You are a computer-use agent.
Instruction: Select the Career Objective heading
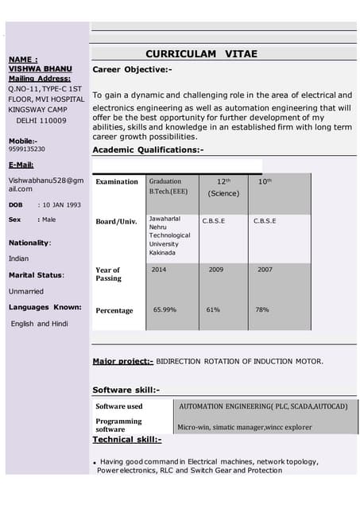tap(132, 70)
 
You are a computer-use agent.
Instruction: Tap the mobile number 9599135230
tap(27, 149)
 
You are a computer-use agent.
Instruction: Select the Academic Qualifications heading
tap(148, 150)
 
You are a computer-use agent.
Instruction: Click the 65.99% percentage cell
tap(165, 309)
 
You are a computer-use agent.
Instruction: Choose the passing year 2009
tap(215, 270)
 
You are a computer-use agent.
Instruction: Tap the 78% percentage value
tap(261, 309)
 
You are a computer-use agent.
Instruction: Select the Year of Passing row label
tap(108, 274)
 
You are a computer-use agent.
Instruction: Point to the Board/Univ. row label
tap(114, 221)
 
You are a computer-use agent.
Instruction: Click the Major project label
tap(123, 361)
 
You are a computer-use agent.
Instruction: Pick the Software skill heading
tap(126, 390)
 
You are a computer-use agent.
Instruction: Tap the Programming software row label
tap(119, 425)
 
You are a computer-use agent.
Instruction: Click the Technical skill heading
tap(127, 439)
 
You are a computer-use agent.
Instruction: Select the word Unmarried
tap(26, 291)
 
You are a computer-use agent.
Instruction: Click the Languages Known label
tap(45, 307)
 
